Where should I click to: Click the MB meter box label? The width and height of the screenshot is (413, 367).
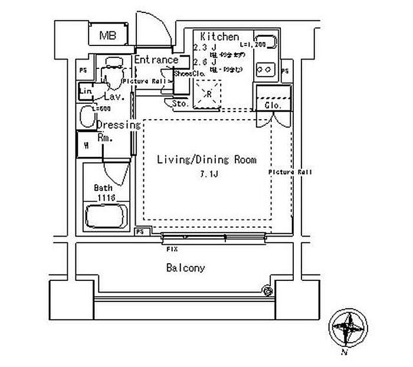pos(107,35)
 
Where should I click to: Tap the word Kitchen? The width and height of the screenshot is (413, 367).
pos(219,37)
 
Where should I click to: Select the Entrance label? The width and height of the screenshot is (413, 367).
pos(156,60)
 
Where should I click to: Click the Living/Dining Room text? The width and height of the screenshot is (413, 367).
pos(206,159)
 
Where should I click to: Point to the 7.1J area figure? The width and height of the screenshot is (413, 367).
pos(206,173)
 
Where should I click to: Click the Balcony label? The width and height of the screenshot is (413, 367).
pos(185,268)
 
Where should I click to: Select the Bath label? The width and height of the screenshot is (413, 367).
pos(104,188)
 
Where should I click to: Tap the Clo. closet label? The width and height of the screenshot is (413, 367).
pos(273,104)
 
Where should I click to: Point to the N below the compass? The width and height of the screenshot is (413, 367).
pos(343,353)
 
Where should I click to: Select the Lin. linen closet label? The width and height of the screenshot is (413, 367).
pos(86,91)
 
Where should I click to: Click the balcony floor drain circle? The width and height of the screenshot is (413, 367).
pos(267,290)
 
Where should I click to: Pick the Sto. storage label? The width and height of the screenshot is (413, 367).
pos(180,103)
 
